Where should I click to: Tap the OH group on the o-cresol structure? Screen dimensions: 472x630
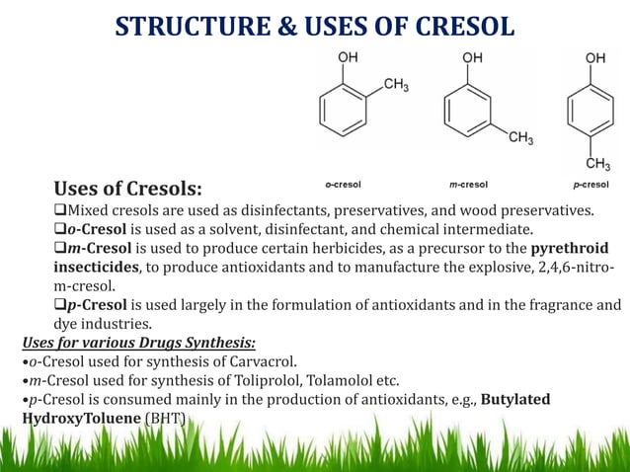pos(349,58)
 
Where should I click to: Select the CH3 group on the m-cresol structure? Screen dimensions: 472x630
pos(520,138)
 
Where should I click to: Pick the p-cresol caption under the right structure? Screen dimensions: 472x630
pos(591,184)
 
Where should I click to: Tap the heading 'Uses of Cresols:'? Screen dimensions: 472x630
pos(128,188)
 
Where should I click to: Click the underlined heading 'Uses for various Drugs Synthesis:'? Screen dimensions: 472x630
pos(138,343)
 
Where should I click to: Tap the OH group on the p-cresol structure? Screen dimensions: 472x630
pos(594,58)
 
